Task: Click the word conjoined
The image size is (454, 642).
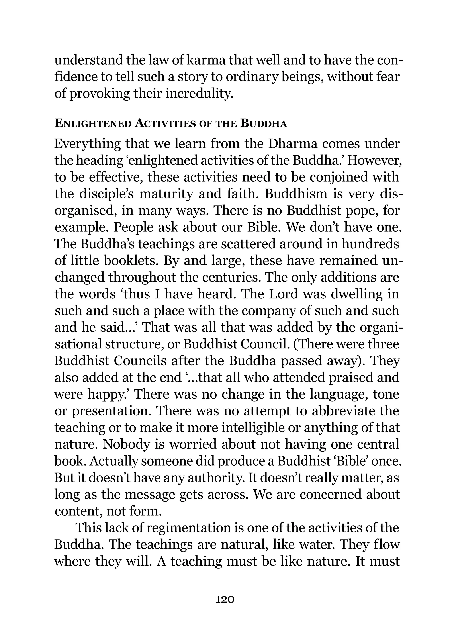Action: (336, 177)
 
